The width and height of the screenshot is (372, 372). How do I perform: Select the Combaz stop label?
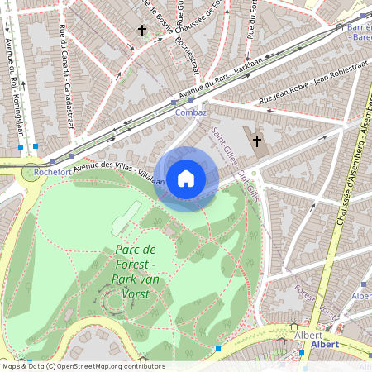(191, 112)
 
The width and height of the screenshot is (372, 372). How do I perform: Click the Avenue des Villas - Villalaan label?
(117, 172)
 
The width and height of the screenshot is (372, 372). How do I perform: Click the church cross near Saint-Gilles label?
(257, 141)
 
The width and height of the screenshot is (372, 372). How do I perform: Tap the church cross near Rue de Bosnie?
(141, 31)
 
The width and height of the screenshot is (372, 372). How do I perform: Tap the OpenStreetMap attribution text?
(83, 366)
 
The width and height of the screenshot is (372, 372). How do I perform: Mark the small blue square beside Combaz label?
(191, 101)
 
